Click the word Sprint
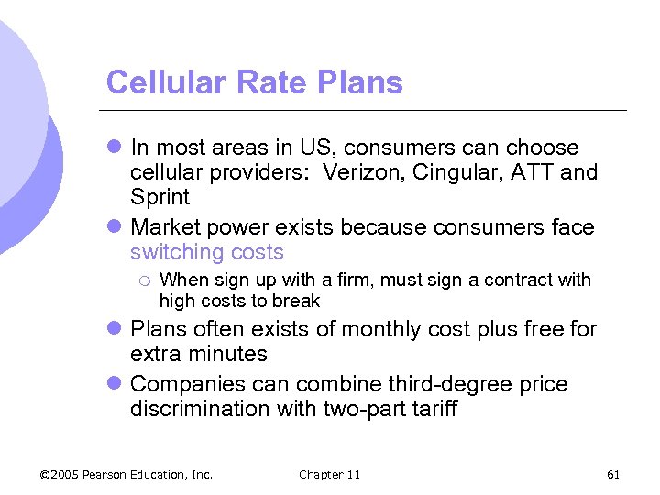tap(159, 197)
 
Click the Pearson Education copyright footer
tap(126, 474)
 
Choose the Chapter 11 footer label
tap(329, 474)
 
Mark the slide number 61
tap(613, 474)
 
